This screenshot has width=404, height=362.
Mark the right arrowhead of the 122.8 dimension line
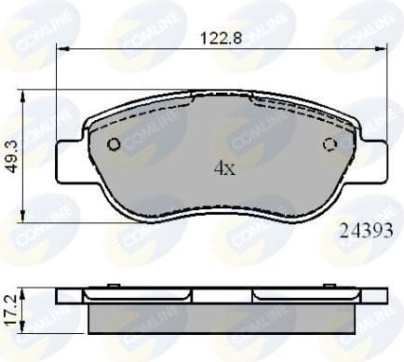pyautogui.click(x=382, y=51)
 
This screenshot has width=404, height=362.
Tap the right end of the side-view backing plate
pyautogui.click(x=378, y=295)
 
